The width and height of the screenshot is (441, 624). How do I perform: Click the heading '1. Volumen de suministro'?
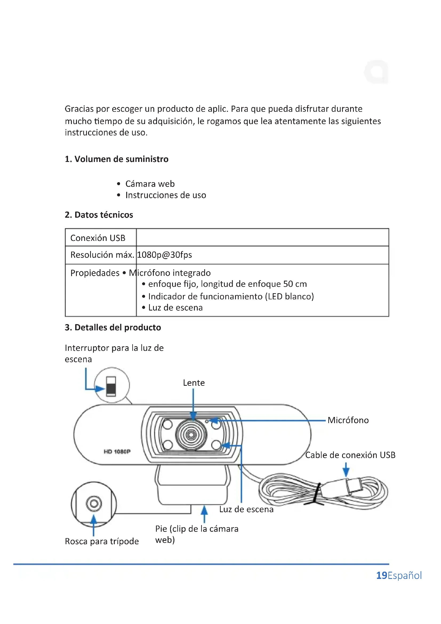click(117, 159)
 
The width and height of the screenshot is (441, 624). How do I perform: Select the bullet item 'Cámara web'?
click(150, 184)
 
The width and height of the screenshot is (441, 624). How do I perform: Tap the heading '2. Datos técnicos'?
click(99, 215)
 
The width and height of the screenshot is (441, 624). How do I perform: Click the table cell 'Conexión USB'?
click(98, 238)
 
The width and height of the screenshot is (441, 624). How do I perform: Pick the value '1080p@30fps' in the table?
click(165, 255)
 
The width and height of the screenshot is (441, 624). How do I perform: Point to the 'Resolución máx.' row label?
click(102, 255)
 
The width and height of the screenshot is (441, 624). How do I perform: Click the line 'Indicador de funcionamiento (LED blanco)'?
click(231, 296)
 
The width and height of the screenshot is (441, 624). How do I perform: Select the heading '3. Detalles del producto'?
click(113, 327)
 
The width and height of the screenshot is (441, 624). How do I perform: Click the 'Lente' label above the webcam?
click(194, 383)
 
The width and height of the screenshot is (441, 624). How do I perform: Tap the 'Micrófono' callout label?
click(348, 420)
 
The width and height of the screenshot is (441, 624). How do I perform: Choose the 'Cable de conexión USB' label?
click(350, 455)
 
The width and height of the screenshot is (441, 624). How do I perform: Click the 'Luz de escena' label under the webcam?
click(246, 509)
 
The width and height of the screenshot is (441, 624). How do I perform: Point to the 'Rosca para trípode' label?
click(102, 541)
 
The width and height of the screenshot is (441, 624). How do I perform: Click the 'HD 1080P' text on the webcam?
click(117, 451)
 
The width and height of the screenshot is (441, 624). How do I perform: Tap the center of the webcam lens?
click(191, 435)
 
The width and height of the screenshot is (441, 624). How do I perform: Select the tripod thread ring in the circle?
click(94, 504)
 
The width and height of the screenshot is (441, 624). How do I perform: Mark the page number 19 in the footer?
click(382, 575)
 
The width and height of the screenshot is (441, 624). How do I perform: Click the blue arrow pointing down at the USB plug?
click(346, 470)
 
